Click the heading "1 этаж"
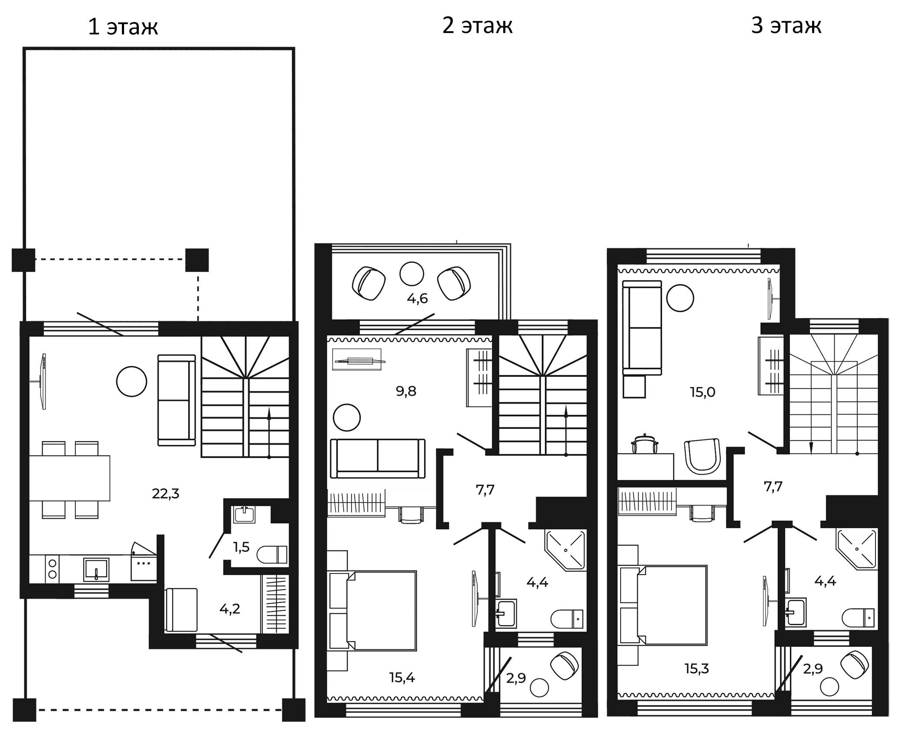[x=123, y=27]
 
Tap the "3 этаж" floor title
[x=786, y=26]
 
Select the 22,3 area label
[x=165, y=494]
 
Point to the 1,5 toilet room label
[x=241, y=547]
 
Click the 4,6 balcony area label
[x=417, y=299]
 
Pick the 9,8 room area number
[x=406, y=391]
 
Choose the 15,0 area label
[x=702, y=392]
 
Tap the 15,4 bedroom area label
[x=402, y=677]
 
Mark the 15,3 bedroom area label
[x=697, y=668]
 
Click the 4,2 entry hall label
[x=229, y=609]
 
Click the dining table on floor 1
[x=69, y=478]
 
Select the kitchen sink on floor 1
[x=96, y=570]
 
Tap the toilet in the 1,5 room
[x=272, y=554]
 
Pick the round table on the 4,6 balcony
[x=411, y=274]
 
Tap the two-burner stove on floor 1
[x=52, y=569]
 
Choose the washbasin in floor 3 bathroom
[x=796, y=612]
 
